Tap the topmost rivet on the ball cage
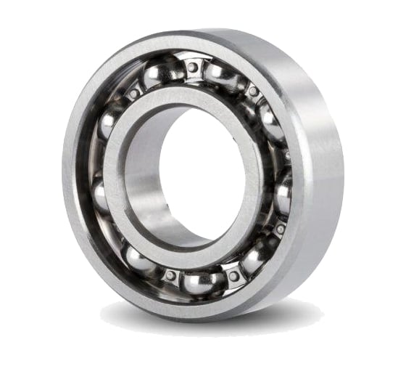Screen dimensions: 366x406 point(192,68)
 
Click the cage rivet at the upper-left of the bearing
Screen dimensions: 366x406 point(133,94)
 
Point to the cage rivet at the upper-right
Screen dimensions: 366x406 point(253,91)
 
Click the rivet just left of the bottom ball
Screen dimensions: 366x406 point(170,275)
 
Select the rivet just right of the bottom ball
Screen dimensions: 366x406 point(233,276)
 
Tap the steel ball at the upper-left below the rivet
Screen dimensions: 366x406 point(109,123)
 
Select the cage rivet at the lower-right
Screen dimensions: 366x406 point(280,229)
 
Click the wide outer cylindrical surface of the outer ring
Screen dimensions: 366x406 point(319,167)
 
